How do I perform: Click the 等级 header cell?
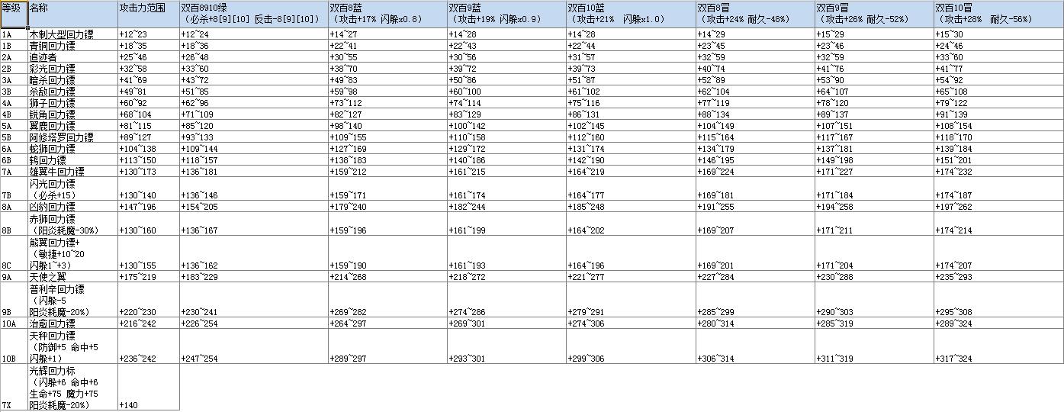tap(14, 7)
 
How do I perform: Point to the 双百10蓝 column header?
tap(587, 7)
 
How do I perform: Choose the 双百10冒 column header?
tap(955, 7)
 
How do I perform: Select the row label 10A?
tap(9, 323)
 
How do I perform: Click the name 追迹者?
tap(42, 57)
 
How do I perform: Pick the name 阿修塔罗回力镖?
tap(61, 137)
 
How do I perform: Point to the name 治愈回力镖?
tap(52, 323)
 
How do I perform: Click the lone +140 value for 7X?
tap(129, 405)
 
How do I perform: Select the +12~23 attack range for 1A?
tap(133, 34)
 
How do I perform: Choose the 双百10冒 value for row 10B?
tap(955, 359)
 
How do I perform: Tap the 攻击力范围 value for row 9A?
tap(136, 276)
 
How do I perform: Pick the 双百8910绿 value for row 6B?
tap(199, 160)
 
